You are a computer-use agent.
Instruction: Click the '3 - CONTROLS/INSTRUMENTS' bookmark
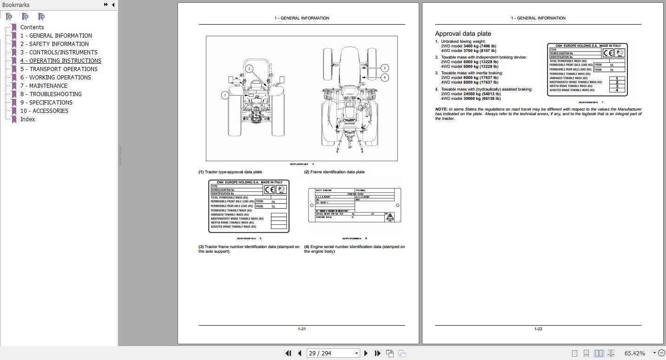pyautogui.click(x=59, y=52)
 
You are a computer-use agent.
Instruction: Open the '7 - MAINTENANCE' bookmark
pyautogui.click(x=44, y=86)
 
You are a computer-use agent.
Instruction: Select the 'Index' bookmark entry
pyautogui.click(x=27, y=119)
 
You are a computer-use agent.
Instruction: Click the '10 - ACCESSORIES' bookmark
pyautogui.click(x=44, y=111)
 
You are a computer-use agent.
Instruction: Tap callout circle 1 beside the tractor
pyautogui.click(x=225, y=95)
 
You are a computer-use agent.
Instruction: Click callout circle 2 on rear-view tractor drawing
pyautogui.click(x=250, y=69)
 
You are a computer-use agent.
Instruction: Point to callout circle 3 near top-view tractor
pyautogui.click(x=385, y=68)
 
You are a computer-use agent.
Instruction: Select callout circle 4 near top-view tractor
pyautogui.click(x=385, y=78)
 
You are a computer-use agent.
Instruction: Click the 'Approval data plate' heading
pyautogui.click(x=463, y=34)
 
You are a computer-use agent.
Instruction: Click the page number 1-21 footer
pyautogui.click(x=302, y=329)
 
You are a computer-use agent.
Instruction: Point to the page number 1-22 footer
pyautogui.click(x=538, y=329)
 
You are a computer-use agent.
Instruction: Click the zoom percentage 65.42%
pyautogui.click(x=634, y=353)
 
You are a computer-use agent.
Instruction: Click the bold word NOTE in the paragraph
pyautogui.click(x=441, y=109)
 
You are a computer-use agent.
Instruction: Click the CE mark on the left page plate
pyautogui.click(x=270, y=190)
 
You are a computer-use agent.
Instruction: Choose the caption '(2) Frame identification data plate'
pyautogui.click(x=335, y=172)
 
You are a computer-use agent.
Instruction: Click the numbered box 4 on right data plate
pyautogui.click(x=617, y=90)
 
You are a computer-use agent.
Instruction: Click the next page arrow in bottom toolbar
pyautogui.click(x=366, y=353)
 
